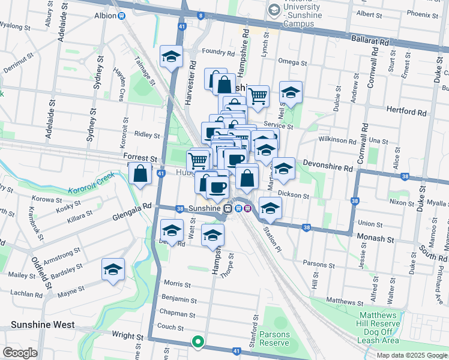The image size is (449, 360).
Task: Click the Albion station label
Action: pos(105,15)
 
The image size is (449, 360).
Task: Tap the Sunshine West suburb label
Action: pos(42,325)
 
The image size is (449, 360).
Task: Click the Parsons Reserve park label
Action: pos(274,339)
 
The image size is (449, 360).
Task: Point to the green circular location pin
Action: pos(197,342)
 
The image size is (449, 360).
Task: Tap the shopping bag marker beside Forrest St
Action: pos(140,174)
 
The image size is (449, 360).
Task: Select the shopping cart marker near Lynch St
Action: pos(258,95)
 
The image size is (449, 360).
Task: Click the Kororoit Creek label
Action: pos(90,182)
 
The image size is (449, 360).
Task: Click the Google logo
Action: pos(20,353)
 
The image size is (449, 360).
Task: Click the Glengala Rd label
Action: pos(130,208)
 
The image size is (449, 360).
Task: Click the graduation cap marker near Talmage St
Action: pos(171,57)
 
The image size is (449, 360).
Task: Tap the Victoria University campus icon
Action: pos(274,9)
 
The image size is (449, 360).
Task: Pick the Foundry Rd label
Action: pos(217,53)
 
